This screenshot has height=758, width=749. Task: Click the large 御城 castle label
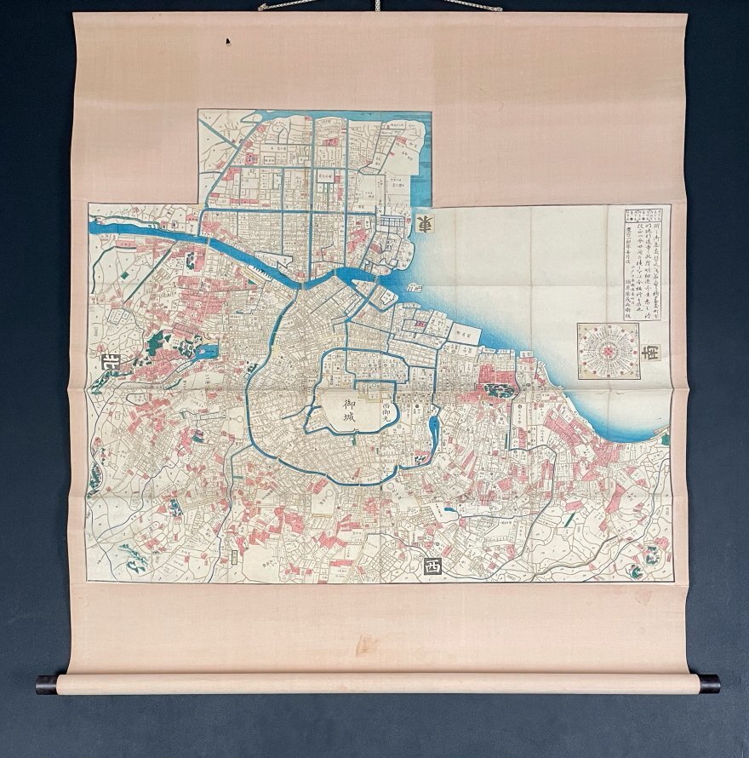[x=350, y=414]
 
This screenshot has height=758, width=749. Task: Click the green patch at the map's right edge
[x=665, y=439]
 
